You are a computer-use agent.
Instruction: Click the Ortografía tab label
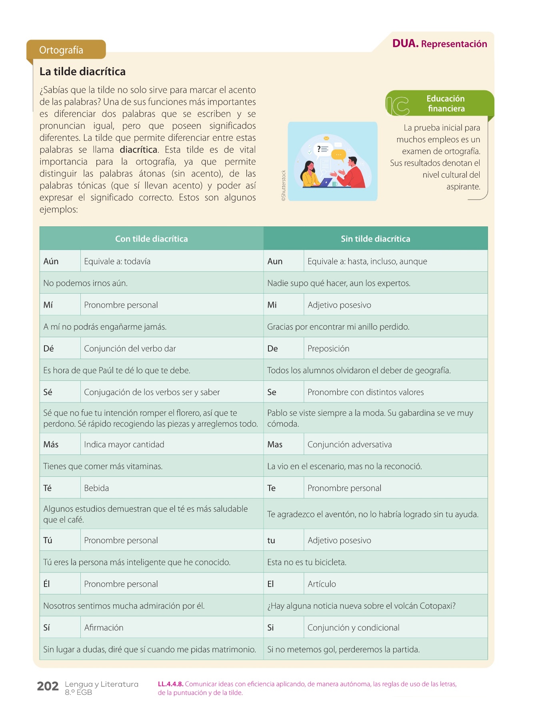[x=61, y=50]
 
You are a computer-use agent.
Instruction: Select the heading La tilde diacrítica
[x=82, y=72]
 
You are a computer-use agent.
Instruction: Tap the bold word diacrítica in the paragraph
[x=138, y=150]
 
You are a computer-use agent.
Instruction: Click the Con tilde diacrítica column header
[x=151, y=239]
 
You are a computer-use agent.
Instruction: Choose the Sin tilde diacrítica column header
[x=375, y=239]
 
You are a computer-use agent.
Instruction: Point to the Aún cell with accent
[x=51, y=261]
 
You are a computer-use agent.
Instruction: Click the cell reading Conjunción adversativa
[x=350, y=444]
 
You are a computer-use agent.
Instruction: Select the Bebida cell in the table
[x=96, y=488]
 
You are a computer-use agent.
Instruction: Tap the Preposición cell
[x=328, y=348]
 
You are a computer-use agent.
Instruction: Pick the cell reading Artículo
[x=322, y=584]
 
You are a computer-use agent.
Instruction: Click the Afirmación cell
[x=104, y=628]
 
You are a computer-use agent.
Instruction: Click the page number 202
[x=48, y=686]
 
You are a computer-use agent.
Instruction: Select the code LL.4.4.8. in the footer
[x=170, y=684]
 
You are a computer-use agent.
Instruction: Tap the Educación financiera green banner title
[x=446, y=104]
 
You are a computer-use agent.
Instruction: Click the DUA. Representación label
[x=439, y=44]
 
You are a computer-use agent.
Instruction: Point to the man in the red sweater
[x=352, y=174]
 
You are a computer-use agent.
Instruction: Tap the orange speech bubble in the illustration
[x=338, y=154]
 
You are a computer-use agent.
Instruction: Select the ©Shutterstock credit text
[x=284, y=185]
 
